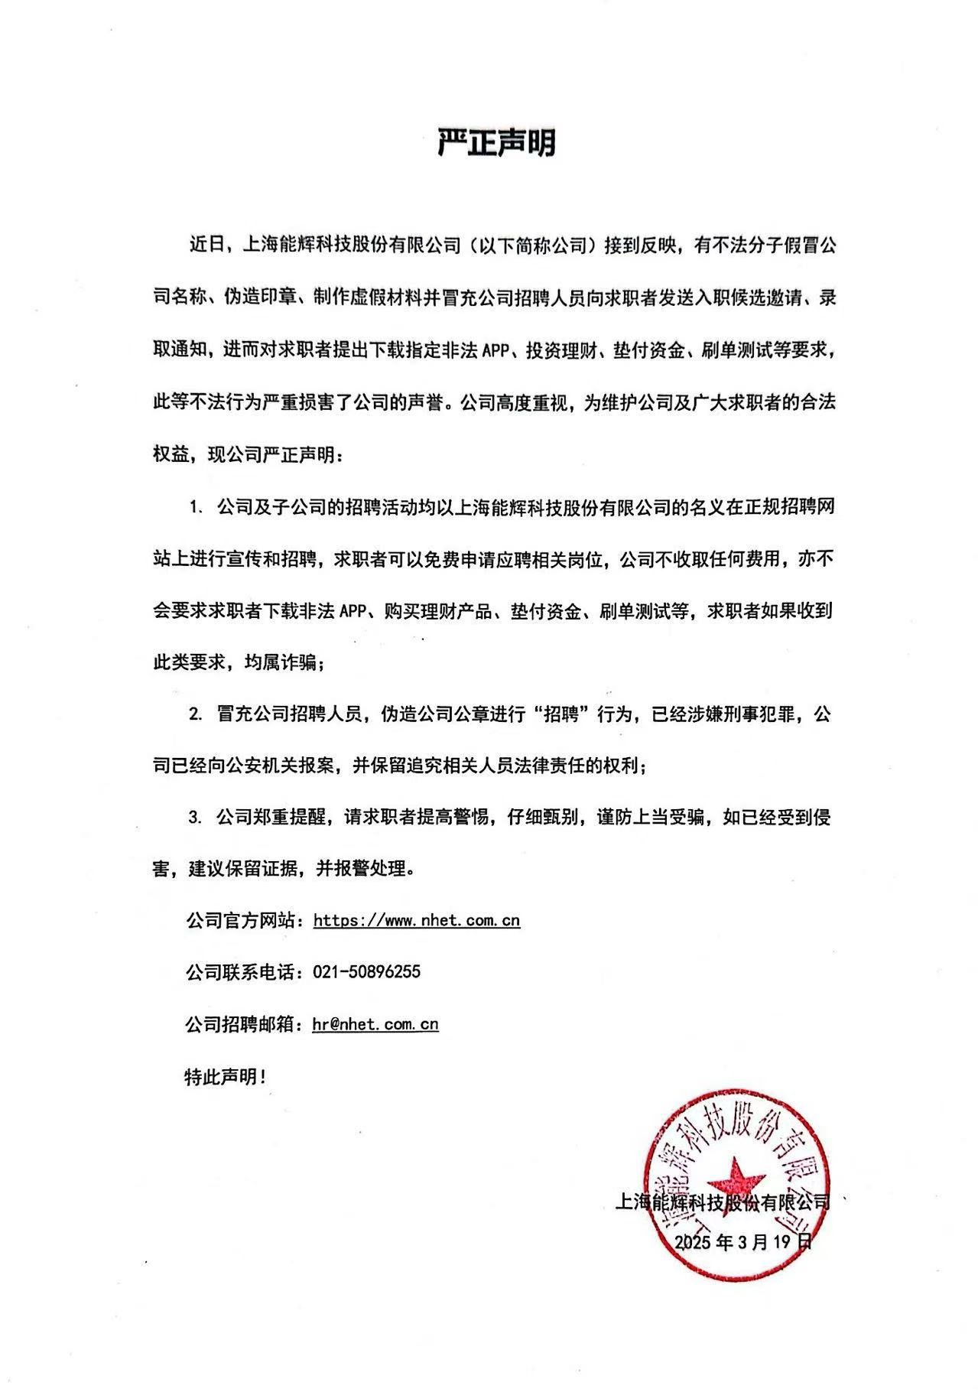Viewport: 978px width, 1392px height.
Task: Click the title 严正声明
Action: coord(496,143)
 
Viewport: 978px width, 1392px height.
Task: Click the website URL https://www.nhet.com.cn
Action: coord(417,920)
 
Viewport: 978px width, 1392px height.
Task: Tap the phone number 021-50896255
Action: coord(367,972)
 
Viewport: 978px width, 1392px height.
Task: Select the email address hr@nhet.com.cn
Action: coord(375,1024)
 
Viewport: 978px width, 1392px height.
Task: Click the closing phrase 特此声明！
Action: coord(226,1077)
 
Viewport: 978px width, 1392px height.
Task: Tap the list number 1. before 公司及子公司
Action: coord(197,506)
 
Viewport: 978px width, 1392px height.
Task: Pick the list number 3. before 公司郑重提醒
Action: coord(197,818)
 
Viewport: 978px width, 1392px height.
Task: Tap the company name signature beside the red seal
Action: coord(722,1202)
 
